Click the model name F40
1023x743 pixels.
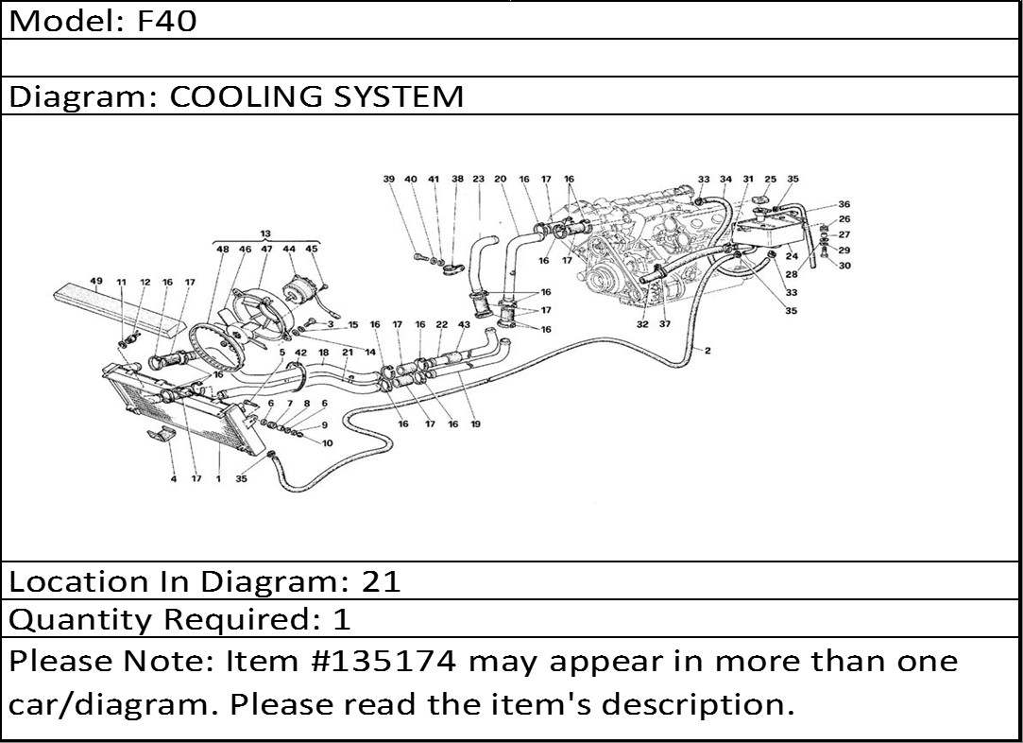[167, 21]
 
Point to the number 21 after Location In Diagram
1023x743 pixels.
[382, 581]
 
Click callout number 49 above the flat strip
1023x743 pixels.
[96, 282]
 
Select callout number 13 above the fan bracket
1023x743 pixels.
[265, 233]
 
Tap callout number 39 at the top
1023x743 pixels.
[388, 179]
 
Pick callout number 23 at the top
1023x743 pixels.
[479, 179]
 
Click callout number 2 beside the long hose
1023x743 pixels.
[708, 351]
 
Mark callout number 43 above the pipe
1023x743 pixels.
[464, 324]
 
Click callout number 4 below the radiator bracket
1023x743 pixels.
[173, 478]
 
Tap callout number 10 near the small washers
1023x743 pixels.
[327, 442]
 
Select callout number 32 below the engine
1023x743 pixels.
[643, 323]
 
